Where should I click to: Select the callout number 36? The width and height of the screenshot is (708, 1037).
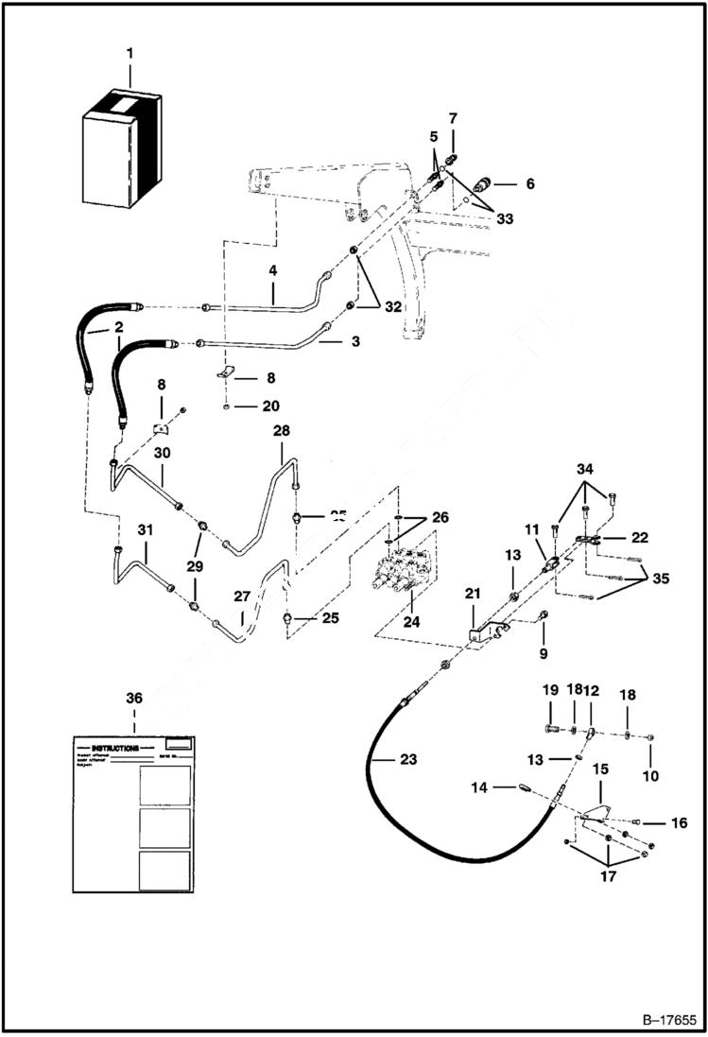134,698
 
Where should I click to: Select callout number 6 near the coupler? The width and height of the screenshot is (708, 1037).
529,183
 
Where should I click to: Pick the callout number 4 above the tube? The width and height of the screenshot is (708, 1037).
272,270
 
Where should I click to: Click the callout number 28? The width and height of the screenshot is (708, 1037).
281,430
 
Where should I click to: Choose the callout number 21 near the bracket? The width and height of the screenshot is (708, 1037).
473,593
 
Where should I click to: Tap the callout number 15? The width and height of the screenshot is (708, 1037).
600,770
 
